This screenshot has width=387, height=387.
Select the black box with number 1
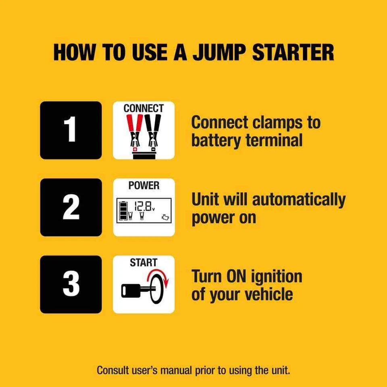click(71, 130)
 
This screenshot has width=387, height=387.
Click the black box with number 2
click(71, 207)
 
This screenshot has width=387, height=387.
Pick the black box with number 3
click(71, 284)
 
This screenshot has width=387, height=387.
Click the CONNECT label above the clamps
click(144, 108)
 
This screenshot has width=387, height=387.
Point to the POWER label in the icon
click(144, 186)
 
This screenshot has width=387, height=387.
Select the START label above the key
click(144, 263)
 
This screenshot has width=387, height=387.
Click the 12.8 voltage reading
click(144, 207)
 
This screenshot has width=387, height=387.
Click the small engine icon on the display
click(166, 219)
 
